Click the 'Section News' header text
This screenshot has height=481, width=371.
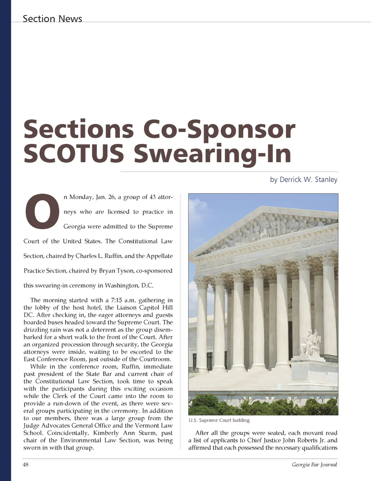point(53,18)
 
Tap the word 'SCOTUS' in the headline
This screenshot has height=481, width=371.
point(74,153)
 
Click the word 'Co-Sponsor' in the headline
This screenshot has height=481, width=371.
point(219,129)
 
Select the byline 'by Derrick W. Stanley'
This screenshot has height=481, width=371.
point(304,180)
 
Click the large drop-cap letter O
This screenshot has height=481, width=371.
point(42,212)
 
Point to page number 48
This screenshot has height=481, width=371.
point(26,464)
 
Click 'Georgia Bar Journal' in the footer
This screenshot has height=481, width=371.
point(314,464)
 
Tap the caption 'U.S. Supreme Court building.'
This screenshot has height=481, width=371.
point(220,420)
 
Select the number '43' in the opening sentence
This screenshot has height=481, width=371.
point(153,197)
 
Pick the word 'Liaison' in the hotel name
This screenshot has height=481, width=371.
point(126,308)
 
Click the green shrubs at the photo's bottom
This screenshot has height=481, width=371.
point(263,405)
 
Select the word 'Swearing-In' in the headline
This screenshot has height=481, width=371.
point(213,153)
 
